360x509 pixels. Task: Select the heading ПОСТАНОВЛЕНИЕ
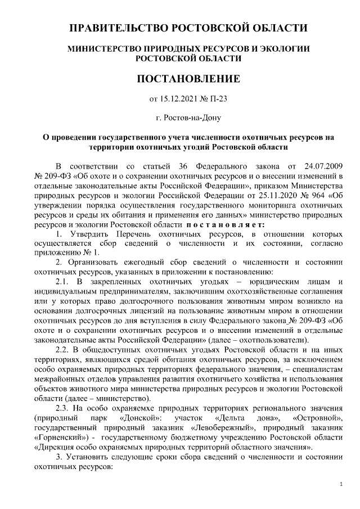point(188,78)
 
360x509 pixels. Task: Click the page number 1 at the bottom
point(343,484)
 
